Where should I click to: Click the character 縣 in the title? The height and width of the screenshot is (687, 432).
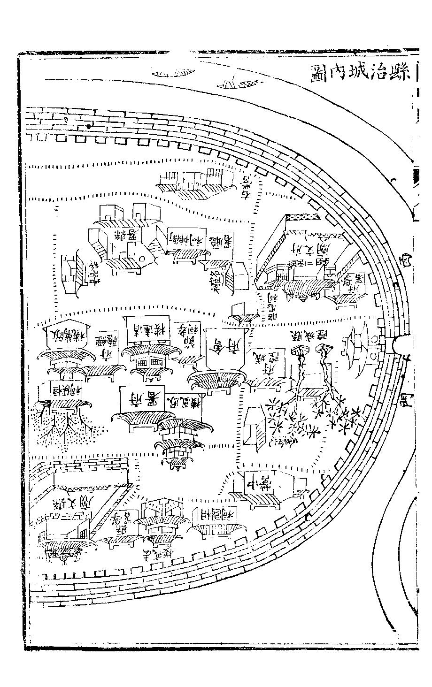(x=400, y=72)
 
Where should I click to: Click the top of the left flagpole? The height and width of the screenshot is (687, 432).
(x=299, y=350)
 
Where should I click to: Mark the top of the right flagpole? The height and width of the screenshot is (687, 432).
(x=324, y=349)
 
